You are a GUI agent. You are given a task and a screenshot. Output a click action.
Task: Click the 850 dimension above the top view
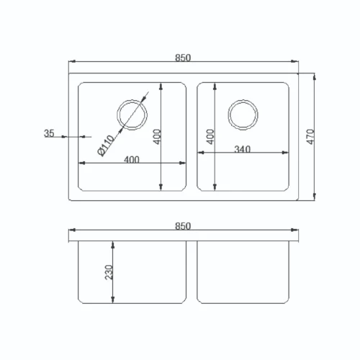tap(183, 58)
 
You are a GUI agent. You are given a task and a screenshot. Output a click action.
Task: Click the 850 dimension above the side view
tap(183, 226)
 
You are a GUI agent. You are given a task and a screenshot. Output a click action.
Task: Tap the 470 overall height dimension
tap(310, 137)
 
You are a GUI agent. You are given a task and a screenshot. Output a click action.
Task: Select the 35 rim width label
tap(49, 133)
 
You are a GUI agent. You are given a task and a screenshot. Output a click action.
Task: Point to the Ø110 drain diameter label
tap(106, 145)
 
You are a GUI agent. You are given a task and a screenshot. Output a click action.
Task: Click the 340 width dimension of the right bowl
tap(243, 150)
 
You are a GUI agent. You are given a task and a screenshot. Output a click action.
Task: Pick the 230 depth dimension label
tap(109, 272)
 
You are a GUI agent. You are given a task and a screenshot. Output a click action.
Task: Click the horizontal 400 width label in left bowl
tap(132, 160)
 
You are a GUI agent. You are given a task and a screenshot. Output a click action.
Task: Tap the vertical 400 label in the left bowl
tap(157, 137)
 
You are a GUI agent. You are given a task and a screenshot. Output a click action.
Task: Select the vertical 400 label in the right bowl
tap(210, 137)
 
